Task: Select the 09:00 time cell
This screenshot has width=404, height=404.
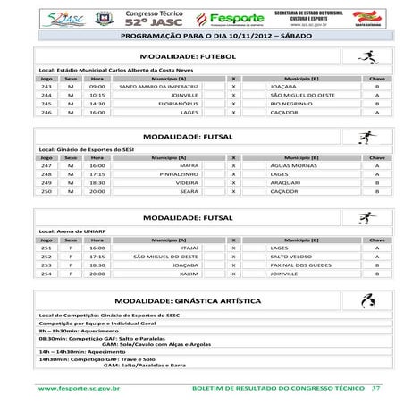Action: click(97, 88)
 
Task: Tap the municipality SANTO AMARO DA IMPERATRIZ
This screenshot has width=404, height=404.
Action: click(158, 88)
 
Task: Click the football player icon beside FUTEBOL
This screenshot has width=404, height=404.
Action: click(365, 56)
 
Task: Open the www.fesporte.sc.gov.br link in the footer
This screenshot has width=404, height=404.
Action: click(80, 389)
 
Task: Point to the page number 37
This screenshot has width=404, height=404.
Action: click(376, 389)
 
